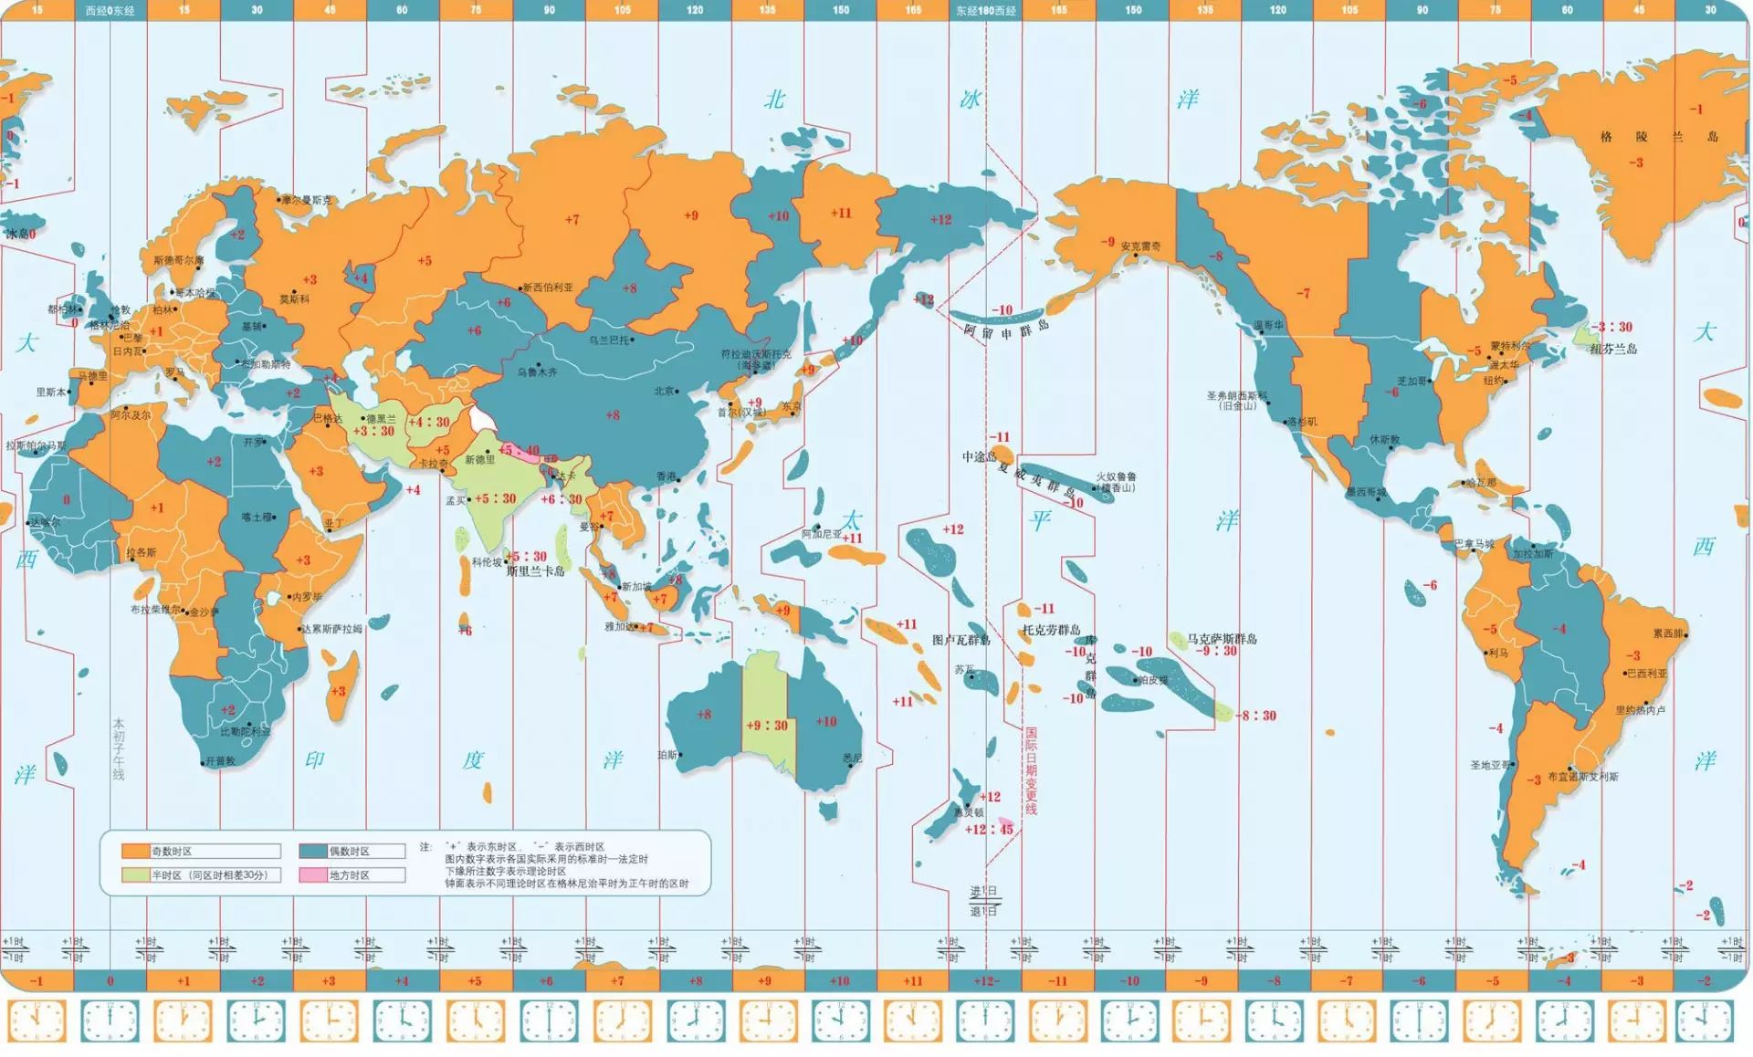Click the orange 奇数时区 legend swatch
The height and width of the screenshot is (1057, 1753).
point(135,852)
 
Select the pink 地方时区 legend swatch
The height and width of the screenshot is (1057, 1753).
point(312,875)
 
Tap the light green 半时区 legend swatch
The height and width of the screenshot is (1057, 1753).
point(135,875)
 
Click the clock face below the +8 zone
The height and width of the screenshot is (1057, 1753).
point(695,1021)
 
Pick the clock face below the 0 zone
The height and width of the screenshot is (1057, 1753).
point(110,1021)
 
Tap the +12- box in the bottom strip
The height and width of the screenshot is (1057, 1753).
point(985,981)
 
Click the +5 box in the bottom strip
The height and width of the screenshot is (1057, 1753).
point(475,981)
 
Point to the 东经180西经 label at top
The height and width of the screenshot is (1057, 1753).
point(985,10)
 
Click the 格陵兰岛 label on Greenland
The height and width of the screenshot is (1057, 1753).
point(1658,137)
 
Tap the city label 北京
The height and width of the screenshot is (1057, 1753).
point(664,391)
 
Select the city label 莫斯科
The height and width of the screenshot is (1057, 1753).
point(294,299)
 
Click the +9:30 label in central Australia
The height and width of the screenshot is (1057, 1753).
point(767,726)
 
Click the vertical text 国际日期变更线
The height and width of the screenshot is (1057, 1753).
point(1031,771)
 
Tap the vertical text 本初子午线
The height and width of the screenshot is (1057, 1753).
point(119,748)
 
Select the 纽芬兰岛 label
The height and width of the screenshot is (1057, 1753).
point(1613,349)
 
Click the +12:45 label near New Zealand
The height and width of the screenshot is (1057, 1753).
point(989,830)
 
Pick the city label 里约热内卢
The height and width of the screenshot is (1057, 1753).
point(1641,710)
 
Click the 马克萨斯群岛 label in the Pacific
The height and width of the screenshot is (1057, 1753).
point(1222,638)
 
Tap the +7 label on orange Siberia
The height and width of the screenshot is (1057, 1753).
point(572,219)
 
